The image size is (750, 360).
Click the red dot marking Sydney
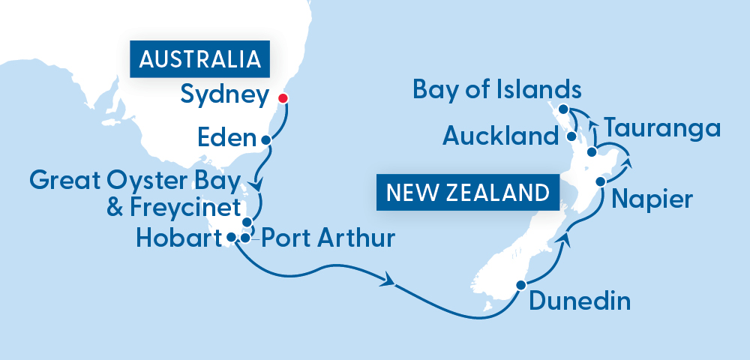(283, 98)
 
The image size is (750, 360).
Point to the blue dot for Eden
(265, 139)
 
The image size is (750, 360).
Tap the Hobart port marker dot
(232, 238)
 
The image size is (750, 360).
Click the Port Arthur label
(325, 240)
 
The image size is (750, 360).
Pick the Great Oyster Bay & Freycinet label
(135, 193)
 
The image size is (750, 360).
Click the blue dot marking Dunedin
(520, 285)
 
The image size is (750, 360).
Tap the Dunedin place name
(580, 301)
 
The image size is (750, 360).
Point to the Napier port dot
(601, 181)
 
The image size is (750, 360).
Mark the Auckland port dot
(572, 137)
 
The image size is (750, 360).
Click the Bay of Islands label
(497, 90)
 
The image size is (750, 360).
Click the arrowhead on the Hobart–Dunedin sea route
(389, 283)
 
